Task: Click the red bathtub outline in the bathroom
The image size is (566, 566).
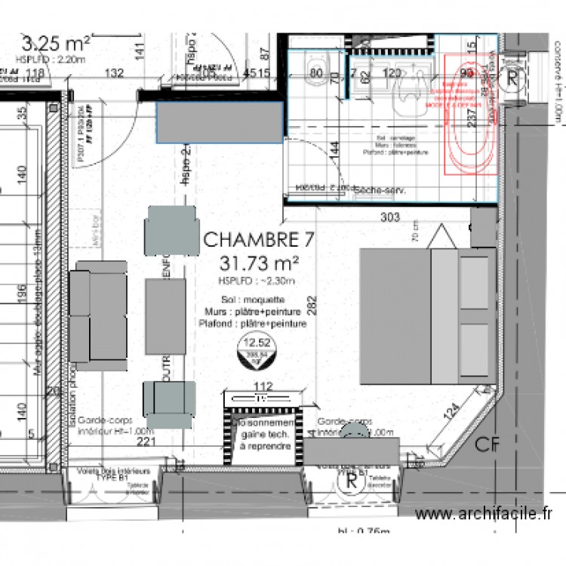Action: click(x=470, y=116)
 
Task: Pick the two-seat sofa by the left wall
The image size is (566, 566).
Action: click(x=99, y=315)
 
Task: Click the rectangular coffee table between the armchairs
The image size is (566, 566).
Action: click(x=166, y=317)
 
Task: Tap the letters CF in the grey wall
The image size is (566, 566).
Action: click(x=487, y=445)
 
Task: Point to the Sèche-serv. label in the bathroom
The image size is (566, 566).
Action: click(x=380, y=191)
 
